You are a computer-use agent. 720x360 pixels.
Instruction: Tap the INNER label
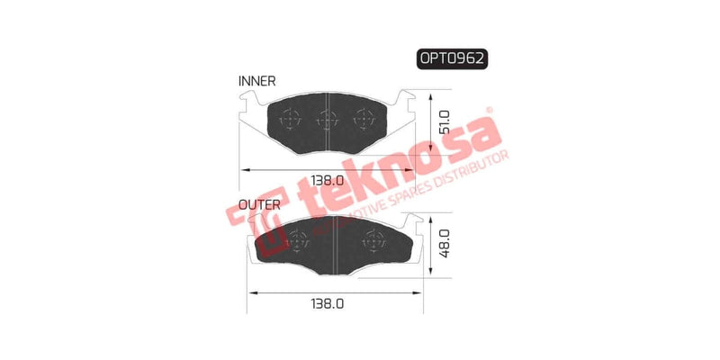(x=257, y=81)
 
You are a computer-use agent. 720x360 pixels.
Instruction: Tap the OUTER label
(x=259, y=203)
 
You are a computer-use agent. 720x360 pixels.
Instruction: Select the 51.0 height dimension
(x=444, y=122)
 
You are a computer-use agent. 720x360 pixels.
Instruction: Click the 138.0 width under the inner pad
(x=328, y=179)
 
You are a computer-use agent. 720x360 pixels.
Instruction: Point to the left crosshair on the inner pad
(x=292, y=117)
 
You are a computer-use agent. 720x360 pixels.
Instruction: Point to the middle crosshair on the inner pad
(x=328, y=117)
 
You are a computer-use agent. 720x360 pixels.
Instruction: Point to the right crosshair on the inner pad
(x=364, y=117)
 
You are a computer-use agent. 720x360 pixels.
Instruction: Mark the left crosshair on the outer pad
(x=296, y=238)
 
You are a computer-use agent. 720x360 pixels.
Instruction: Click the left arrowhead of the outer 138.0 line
(x=250, y=293)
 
